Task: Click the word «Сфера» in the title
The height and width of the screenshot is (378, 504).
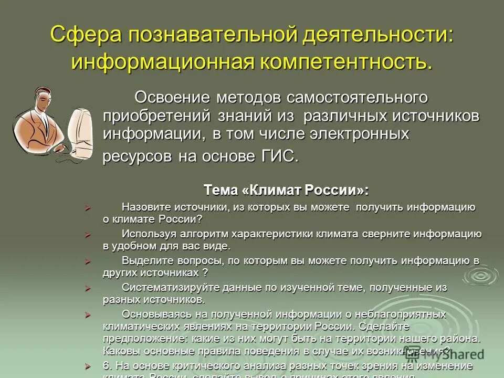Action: [x=85, y=36]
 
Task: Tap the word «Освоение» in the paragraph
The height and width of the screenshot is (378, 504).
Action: [x=170, y=97]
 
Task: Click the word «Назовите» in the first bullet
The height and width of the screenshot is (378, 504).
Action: [x=148, y=207]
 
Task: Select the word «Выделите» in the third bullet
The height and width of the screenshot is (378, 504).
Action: [x=147, y=260]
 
